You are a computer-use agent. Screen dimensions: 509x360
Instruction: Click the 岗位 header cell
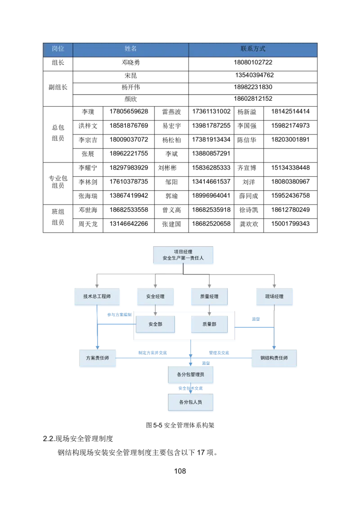pyautogui.click(x=58, y=49)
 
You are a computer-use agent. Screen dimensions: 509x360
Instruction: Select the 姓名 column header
pyautogui.click(x=130, y=49)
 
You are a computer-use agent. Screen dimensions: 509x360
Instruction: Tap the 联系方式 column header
pyautogui.click(x=253, y=49)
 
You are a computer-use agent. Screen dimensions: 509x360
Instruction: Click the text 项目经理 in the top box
pyautogui.click(x=183, y=252)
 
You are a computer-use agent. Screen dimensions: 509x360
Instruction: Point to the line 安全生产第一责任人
pyautogui.click(x=183, y=259)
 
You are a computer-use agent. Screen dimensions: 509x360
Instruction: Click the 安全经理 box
pyautogui.click(x=155, y=297)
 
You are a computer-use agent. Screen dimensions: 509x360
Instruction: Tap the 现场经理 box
pyautogui.click(x=274, y=297)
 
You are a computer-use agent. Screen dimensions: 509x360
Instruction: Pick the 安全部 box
pyautogui.click(x=155, y=324)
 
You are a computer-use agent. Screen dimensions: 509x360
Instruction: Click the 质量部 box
pyautogui.click(x=209, y=324)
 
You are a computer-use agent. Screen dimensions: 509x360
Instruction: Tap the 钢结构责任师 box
pyautogui.click(x=274, y=358)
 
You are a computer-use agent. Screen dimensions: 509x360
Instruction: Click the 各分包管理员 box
pyautogui.click(x=191, y=374)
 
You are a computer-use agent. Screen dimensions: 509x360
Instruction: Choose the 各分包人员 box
pyautogui.click(x=191, y=402)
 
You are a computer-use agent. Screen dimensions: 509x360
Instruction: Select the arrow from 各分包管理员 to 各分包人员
pyautogui.click(x=191, y=389)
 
